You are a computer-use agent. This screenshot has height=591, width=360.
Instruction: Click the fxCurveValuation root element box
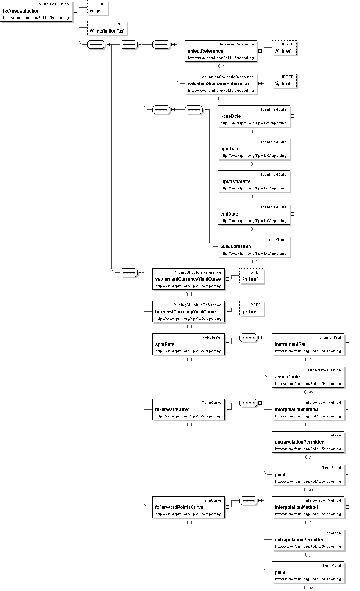click(36, 11)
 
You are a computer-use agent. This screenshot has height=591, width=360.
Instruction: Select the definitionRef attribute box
click(107, 28)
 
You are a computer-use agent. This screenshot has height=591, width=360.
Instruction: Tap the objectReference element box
click(221, 51)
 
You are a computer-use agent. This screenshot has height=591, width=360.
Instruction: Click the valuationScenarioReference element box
click(221, 83)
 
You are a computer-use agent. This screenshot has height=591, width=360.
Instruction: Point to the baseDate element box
click(254, 116)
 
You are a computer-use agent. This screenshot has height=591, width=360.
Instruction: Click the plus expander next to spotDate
click(293, 149)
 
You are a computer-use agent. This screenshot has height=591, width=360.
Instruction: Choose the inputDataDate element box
click(254, 181)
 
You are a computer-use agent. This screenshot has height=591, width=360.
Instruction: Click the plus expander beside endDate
click(293, 214)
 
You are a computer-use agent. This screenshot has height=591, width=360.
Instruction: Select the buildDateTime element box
click(254, 246)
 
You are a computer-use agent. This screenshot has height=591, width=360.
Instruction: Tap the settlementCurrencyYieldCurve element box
click(188, 279)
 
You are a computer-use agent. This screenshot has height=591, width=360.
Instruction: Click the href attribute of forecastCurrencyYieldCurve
click(252, 308)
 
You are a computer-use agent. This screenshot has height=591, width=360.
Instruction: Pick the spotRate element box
click(188, 344)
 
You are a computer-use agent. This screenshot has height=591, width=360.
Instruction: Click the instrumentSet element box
click(308, 344)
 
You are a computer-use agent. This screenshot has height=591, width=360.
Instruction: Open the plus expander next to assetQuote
click(347, 377)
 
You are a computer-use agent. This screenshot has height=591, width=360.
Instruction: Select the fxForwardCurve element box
click(188, 409)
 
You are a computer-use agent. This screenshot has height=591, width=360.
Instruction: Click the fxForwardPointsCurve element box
click(188, 507)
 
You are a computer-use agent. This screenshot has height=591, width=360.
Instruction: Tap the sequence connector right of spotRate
click(248, 338)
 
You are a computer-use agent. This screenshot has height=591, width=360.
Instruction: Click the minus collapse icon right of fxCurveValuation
click(75, 11)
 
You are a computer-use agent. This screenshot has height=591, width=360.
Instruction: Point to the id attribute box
click(98, 8)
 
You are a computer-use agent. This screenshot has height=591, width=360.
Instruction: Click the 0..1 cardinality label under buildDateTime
click(254, 262)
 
